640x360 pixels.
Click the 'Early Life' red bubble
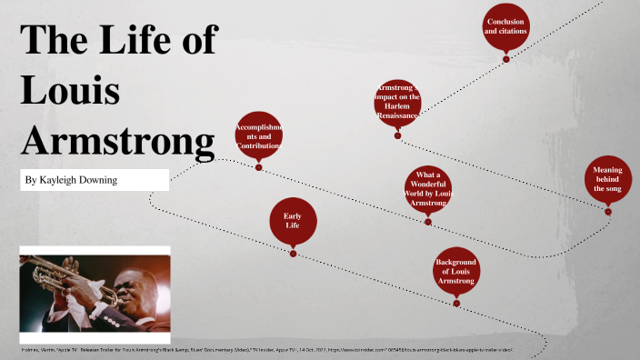tap(293, 222)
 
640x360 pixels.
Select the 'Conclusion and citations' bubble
tap(506, 26)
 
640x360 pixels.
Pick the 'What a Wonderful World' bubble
tap(427, 188)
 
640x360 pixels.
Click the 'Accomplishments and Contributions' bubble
tap(258, 135)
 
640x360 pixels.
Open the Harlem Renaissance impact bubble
tap(397, 102)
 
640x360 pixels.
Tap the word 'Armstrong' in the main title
tap(117, 143)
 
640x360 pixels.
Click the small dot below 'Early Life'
tap(293, 254)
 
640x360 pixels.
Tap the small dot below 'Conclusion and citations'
tap(506, 59)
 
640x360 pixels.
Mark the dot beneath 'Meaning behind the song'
tap(608, 212)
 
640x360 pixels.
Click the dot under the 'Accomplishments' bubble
tap(259, 167)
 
